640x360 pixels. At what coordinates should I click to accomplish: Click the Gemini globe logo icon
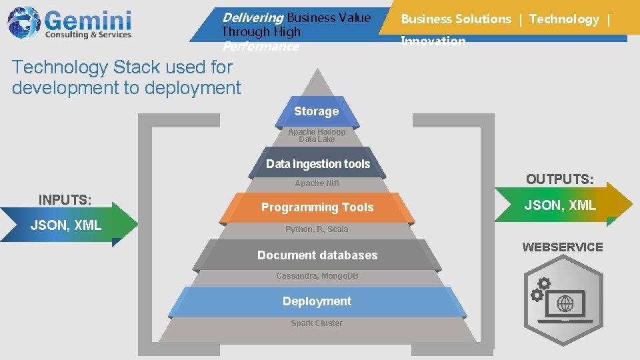coord(23,22)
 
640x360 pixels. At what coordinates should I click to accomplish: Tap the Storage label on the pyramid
coord(317,111)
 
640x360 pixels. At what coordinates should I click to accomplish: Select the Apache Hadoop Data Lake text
coord(317,135)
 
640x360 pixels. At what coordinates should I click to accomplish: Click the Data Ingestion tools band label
coord(317,164)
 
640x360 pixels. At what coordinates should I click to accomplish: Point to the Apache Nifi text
coord(317,183)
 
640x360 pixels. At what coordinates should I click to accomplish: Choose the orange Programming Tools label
coord(317,207)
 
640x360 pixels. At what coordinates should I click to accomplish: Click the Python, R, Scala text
coord(317,229)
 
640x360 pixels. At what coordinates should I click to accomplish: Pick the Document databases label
coord(317,255)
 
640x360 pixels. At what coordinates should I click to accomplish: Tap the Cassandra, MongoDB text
coord(317,276)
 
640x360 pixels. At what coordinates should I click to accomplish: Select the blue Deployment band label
coord(317,301)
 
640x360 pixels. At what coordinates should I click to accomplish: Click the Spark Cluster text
coord(317,323)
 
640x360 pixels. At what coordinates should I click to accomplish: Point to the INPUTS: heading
coord(65,199)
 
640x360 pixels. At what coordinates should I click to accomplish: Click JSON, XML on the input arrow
coord(66,225)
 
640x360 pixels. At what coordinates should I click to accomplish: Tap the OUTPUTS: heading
coord(559,179)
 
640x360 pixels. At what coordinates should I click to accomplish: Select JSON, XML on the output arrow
coord(560,205)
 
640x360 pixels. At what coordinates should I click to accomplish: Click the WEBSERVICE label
coord(562,247)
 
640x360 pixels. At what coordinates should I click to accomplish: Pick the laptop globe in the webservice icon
coord(565,304)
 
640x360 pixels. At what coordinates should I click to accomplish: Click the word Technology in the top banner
coord(564,19)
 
